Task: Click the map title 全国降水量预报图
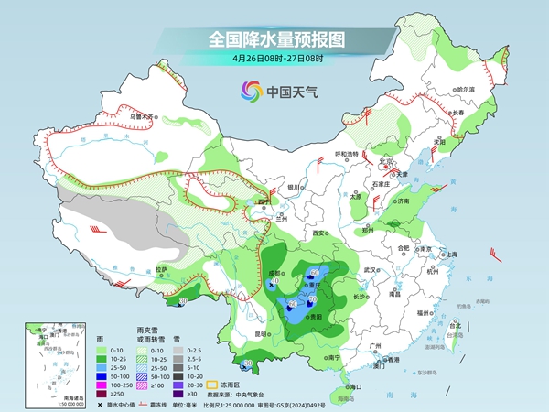point(275,39)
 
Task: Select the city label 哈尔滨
point(466,89)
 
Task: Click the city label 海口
point(346,387)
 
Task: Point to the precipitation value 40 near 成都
point(274,281)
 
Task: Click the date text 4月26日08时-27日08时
point(275,59)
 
